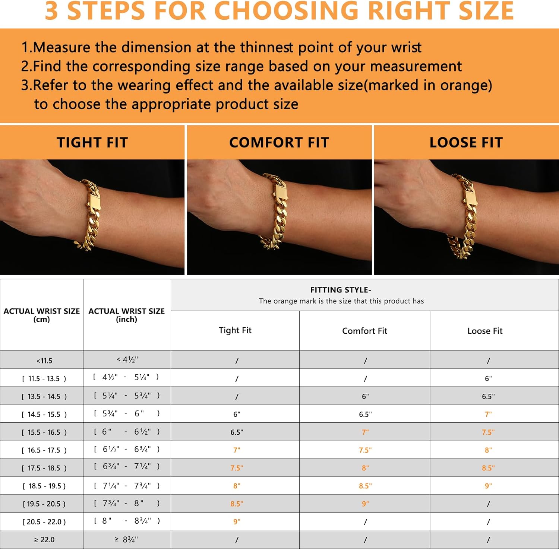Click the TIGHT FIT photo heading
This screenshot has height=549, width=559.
click(x=92, y=143)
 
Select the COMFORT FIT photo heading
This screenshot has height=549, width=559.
click(x=279, y=143)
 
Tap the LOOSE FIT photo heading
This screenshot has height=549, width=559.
click(x=466, y=143)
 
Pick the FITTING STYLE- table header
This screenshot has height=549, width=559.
click(x=341, y=290)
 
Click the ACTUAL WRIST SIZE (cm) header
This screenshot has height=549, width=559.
click(x=42, y=315)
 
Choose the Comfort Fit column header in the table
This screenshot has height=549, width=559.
click(x=364, y=331)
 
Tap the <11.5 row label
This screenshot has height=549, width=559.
click(x=44, y=361)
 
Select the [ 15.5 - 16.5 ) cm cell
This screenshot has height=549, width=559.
click(x=44, y=432)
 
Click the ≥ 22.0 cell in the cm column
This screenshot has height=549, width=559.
click(x=44, y=540)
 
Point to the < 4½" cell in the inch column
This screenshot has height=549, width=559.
click(x=127, y=360)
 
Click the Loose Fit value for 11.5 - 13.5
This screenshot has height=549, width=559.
click(x=488, y=378)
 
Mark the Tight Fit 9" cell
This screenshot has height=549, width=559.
click(x=237, y=522)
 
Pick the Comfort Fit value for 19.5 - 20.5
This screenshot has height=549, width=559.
click(x=365, y=504)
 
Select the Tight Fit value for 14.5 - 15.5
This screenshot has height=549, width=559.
click(x=237, y=414)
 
